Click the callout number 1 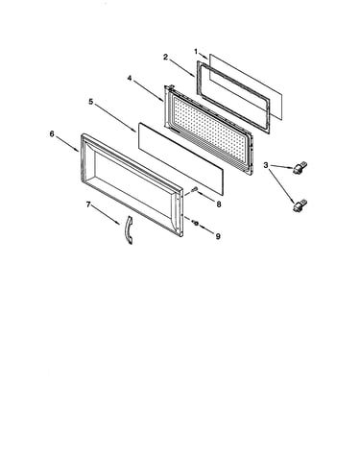tap(196, 51)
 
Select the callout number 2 tap(165, 57)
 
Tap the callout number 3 tap(266, 165)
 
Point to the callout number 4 tap(130, 78)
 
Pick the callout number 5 tap(91, 102)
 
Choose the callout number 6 tap(52, 133)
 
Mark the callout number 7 tap(88, 204)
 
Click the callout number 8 tap(219, 204)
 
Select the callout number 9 tap(218, 236)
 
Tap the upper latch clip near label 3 tap(300, 167)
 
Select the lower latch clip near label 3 tap(300, 205)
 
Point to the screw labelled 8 tap(194, 190)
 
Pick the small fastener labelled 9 tap(196, 223)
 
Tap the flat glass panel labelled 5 tap(180, 158)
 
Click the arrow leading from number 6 tap(68, 144)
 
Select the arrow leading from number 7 tap(106, 215)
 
